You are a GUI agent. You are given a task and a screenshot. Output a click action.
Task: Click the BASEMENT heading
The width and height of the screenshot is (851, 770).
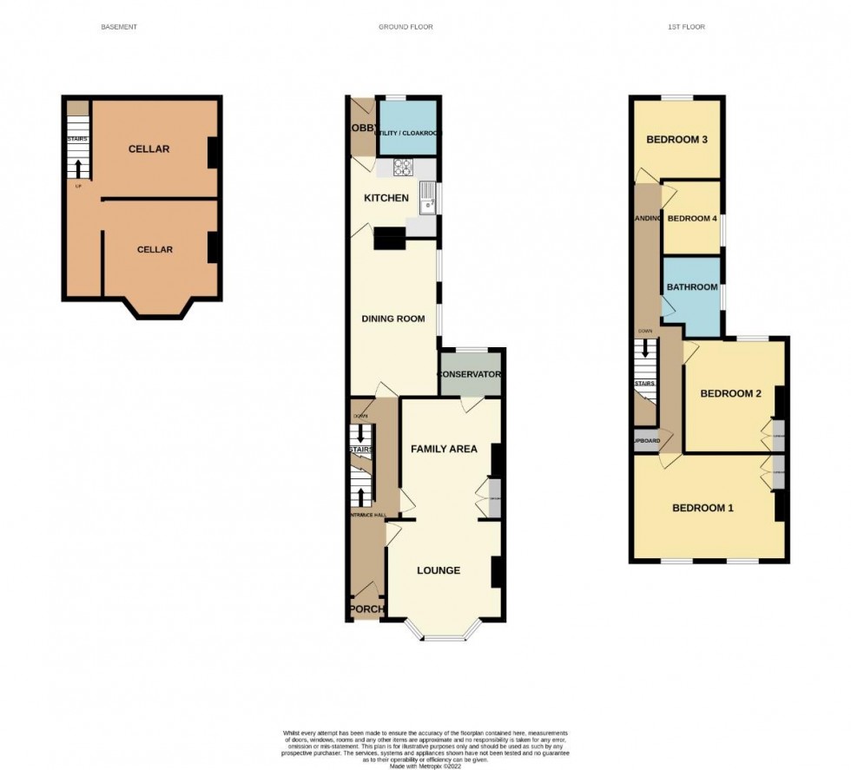[x=119, y=27]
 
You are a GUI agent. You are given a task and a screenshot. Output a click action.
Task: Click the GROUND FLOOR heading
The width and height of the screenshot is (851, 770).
[x=406, y=27]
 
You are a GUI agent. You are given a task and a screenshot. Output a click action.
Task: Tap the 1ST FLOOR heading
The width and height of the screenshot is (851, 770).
[x=686, y=27]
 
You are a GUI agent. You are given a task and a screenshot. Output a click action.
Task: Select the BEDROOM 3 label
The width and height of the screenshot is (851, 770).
[x=676, y=140]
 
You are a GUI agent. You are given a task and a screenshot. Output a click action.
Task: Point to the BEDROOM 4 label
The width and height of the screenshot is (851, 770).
[x=692, y=218]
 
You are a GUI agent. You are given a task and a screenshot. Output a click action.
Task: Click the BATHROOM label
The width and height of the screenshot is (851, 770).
[x=692, y=287]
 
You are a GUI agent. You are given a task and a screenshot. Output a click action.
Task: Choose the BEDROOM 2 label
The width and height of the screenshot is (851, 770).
[x=730, y=393]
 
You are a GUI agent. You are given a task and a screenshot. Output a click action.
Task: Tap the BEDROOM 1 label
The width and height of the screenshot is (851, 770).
[x=703, y=508]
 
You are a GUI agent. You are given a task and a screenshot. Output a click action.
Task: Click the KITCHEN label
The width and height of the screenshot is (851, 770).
[x=386, y=198]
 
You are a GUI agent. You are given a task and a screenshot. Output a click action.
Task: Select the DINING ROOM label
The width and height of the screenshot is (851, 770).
[x=393, y=319]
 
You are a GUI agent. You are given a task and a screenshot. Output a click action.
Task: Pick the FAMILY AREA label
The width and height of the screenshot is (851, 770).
[x=444, y=449]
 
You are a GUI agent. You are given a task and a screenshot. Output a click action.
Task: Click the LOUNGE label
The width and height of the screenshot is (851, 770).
[x=439, y=570]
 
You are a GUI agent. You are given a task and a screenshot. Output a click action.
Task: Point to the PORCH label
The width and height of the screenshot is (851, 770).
[x=366, y=609]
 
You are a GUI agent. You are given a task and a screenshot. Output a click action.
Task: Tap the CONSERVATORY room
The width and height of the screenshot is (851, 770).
[x=471, y=374]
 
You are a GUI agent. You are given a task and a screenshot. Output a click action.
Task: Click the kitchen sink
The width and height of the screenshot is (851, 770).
[x=427, y=199]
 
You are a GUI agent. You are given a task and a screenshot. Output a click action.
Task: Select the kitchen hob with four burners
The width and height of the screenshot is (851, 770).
[x=404, y=168]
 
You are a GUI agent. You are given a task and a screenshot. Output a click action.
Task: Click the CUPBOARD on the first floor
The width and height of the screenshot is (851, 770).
[x=645, y=440]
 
